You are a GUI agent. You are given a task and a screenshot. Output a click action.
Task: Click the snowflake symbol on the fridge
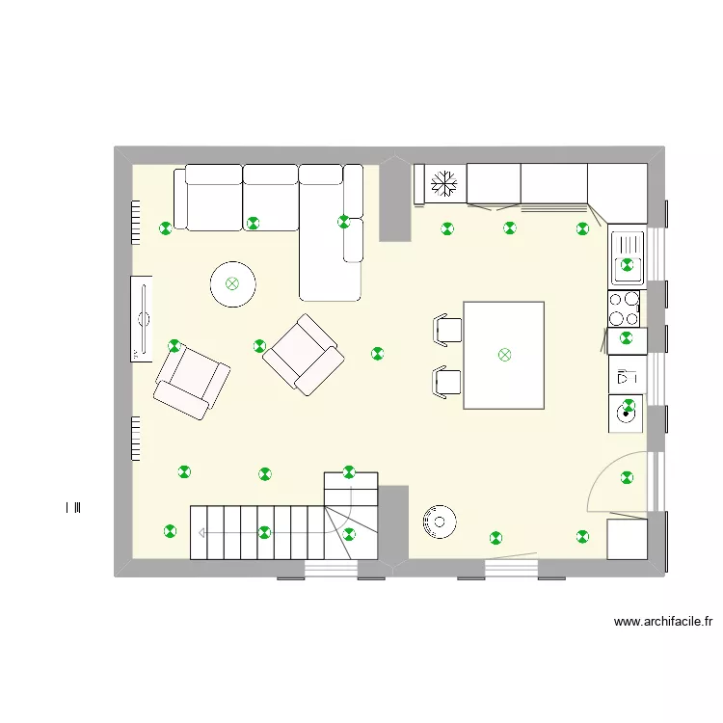click(444, 183)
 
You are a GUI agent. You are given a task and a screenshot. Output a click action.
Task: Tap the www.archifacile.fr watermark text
click(663, 622)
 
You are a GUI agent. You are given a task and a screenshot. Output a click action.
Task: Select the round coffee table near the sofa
click(233, 284)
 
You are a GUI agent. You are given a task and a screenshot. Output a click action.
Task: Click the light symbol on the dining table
click(505, 355)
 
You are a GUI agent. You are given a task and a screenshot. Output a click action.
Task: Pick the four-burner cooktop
click(624, 308)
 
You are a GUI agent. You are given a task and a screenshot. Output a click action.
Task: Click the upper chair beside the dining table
click(447, 330)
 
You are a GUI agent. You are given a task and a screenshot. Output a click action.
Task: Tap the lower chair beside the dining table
click(447, 383)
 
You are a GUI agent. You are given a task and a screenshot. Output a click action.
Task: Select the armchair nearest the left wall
click(192, 383)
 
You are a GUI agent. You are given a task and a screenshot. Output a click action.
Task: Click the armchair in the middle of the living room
click(304, 355)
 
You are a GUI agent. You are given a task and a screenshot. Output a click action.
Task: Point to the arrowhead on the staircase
click(201, 533)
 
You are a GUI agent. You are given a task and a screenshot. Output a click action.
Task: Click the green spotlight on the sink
click(627, 265)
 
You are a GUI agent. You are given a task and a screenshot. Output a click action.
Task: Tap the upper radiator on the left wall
click(136, 223)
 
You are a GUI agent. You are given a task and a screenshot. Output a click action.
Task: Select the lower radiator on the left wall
click(136, 439)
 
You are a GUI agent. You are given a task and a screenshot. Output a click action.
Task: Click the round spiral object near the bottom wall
click(440, 522)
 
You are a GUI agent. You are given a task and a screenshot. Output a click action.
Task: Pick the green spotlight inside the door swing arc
click(627, 477)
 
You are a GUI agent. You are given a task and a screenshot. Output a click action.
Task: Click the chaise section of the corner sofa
click(330, 258)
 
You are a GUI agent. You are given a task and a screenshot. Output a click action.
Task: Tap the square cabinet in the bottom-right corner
click(628, 539)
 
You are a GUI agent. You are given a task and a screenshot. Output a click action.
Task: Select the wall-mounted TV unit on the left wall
click(142, 319)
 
